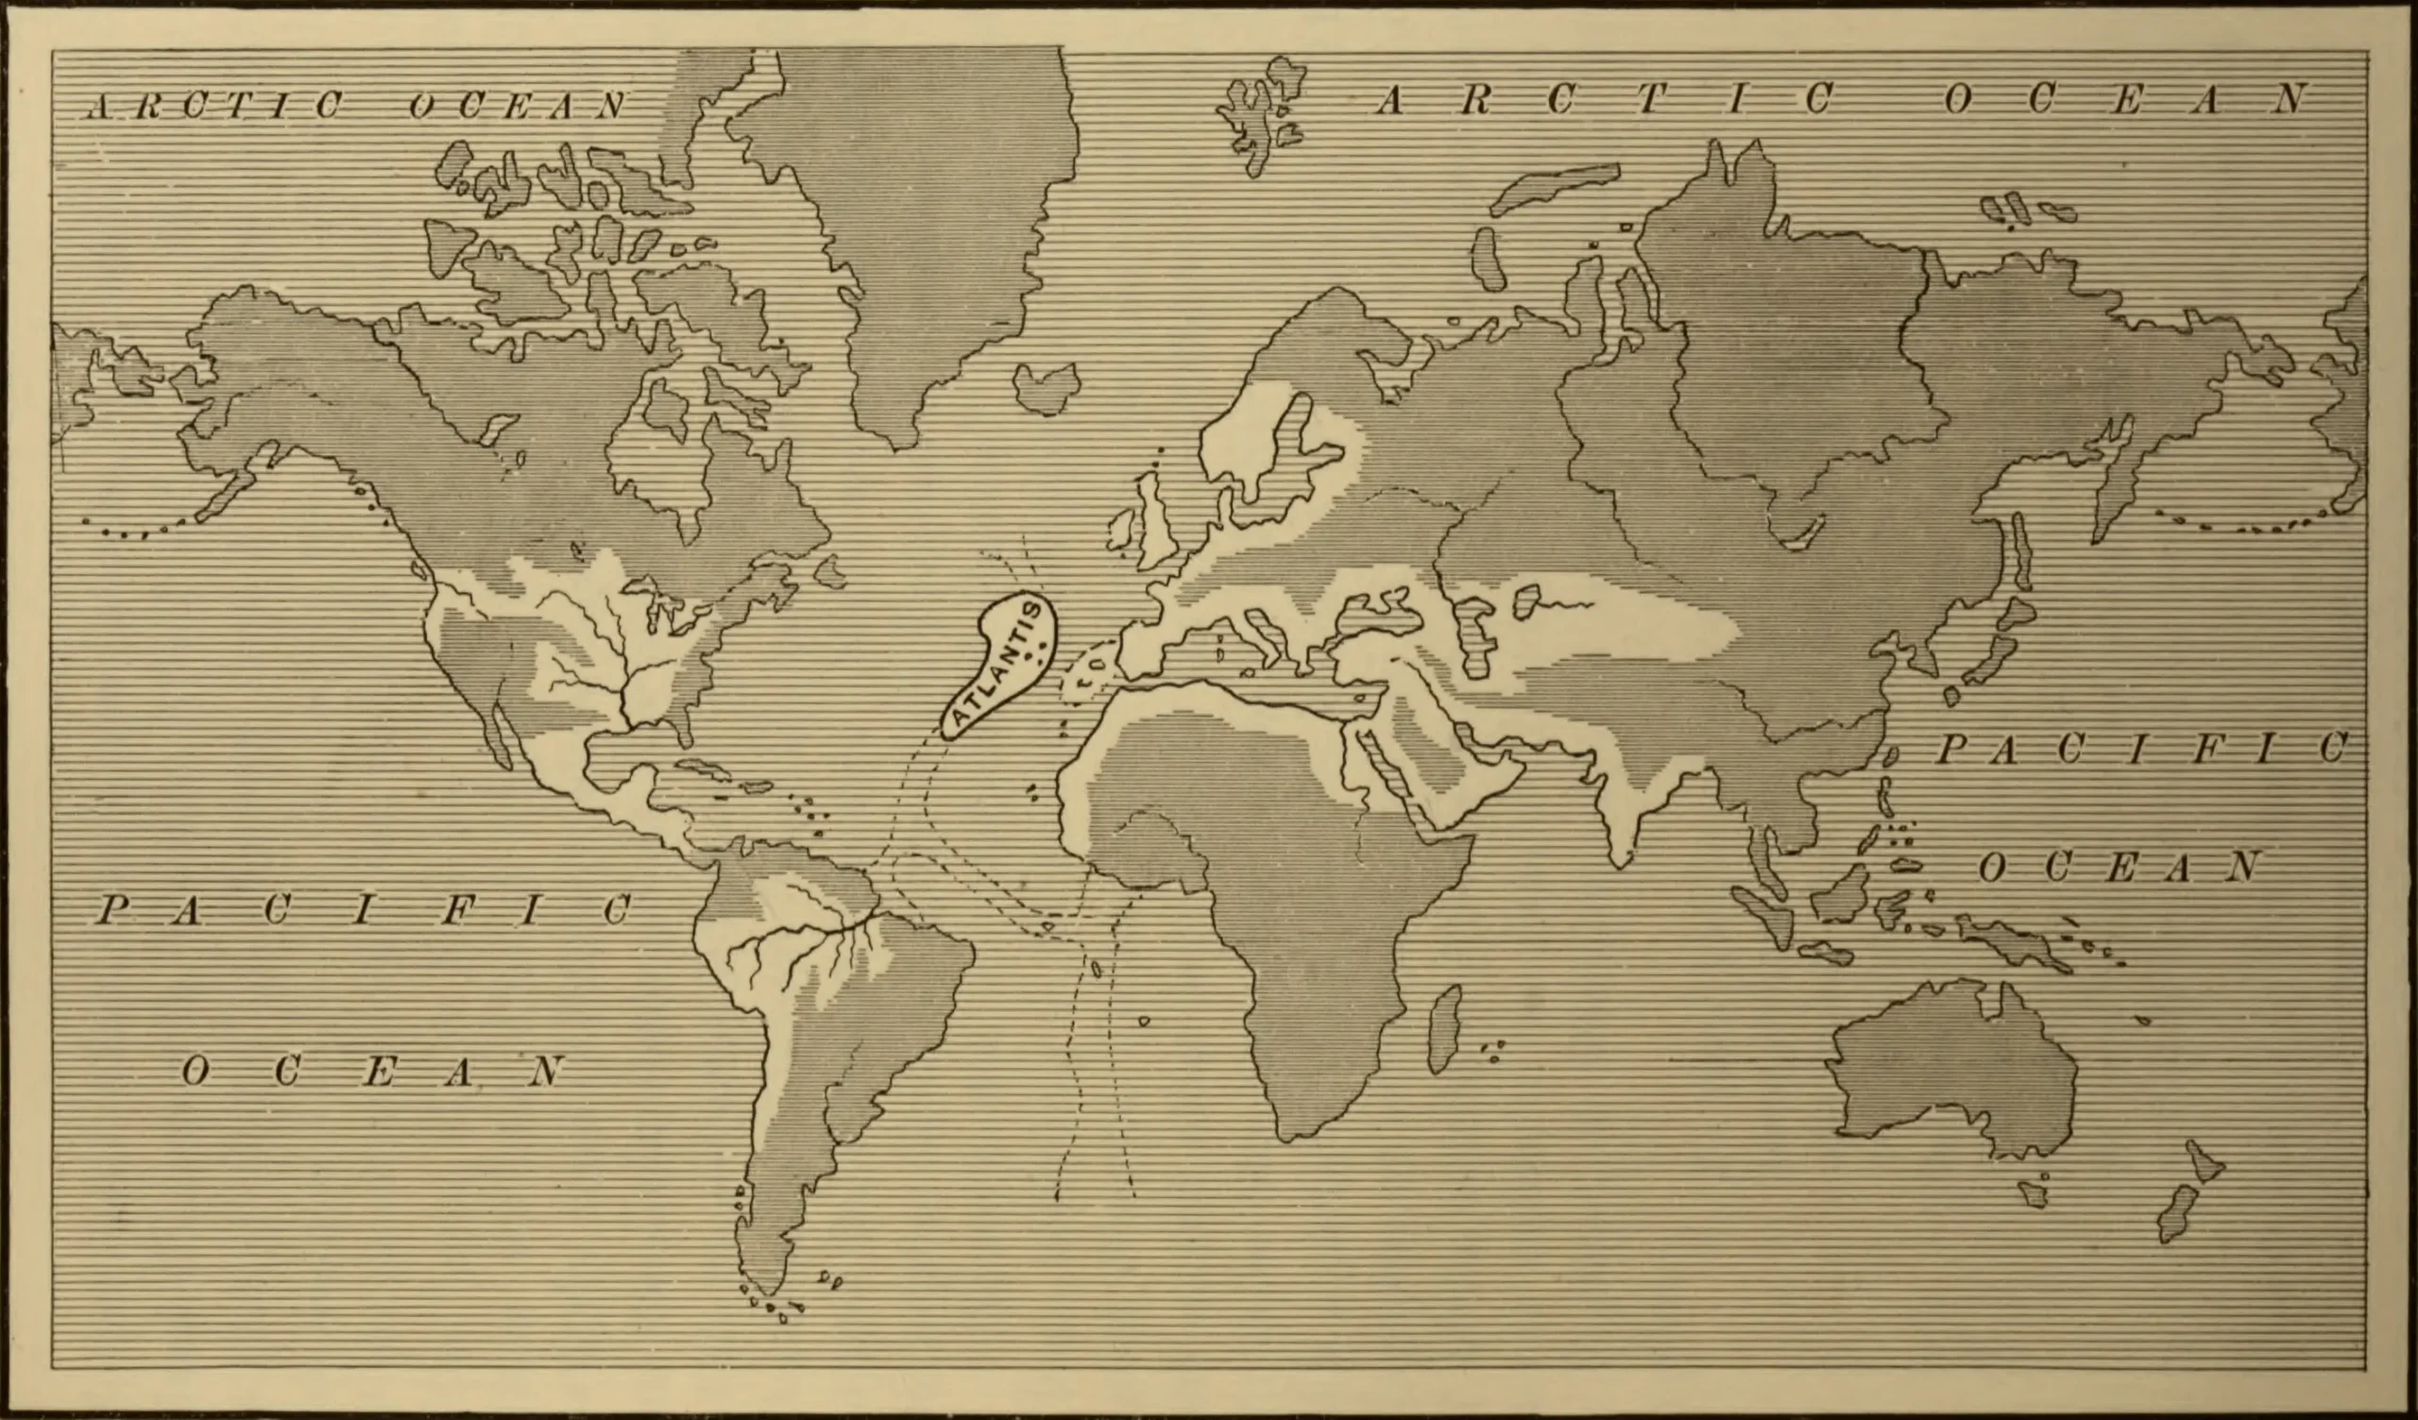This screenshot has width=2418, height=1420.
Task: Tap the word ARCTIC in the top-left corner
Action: (216, 105)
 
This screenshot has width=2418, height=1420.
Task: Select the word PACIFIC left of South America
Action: (365, 908)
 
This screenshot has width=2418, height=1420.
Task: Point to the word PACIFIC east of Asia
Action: (2139, 749)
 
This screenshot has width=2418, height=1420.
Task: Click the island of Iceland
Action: (1046, 387)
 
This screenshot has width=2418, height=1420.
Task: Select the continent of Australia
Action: (1948, 1065)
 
